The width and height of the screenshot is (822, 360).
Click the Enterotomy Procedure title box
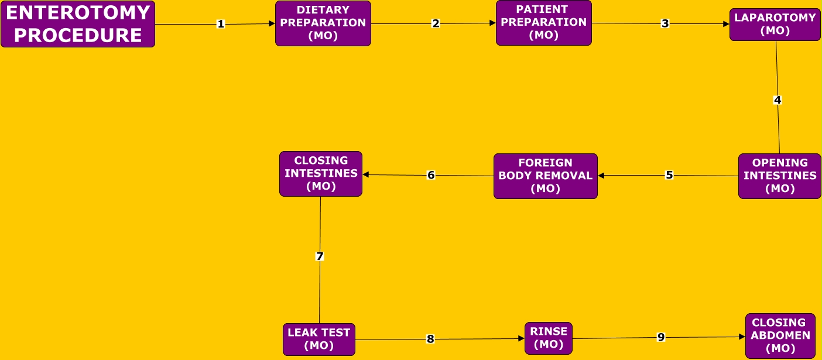[78, 24]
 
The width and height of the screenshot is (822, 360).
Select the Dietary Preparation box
[323, 23]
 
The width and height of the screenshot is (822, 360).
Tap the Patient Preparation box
[543, 23]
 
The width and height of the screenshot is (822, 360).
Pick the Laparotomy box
[775, 25]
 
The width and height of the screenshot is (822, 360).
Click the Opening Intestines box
[779, 176]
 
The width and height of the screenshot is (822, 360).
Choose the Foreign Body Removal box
[545, 176]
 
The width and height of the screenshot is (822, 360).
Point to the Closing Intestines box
[321, 174]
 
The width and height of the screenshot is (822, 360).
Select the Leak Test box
[319, 340]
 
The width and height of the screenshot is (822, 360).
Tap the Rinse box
[548, 338]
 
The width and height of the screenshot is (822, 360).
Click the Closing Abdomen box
[780, 336]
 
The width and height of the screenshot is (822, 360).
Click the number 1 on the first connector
[221, 24]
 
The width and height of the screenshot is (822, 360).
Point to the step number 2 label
[436, 23]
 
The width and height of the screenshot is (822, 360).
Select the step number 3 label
[665, 23]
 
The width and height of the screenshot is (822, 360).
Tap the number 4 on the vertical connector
[778, 100]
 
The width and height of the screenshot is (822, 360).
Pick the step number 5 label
[669, 175]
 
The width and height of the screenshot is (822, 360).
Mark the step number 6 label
[431, 175]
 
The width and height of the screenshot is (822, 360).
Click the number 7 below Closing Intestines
[320, 256]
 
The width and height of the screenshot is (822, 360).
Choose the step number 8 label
[430, 339]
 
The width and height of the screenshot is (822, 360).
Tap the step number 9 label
[661, 337]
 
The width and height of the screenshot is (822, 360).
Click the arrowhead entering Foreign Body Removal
[601, 175]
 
